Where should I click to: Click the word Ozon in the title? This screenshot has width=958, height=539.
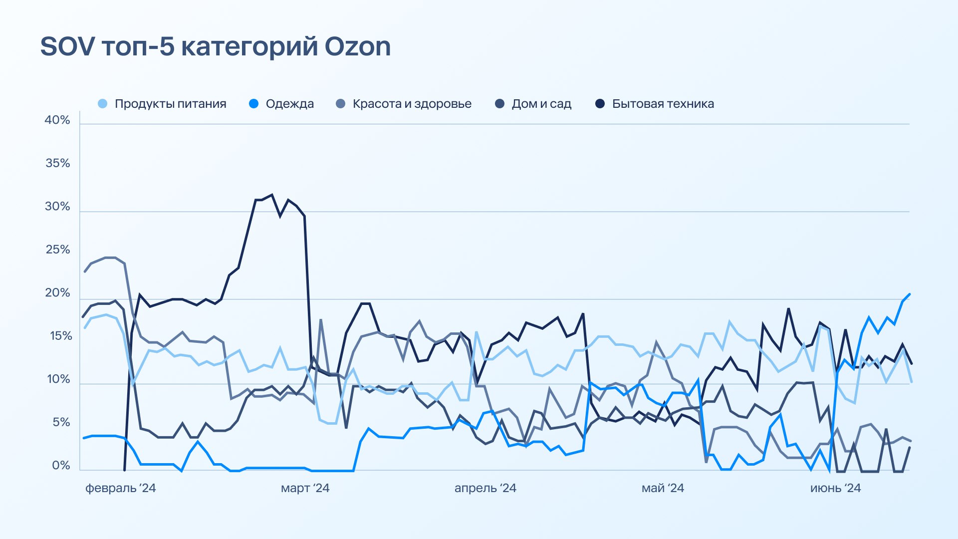(x=358, y=46)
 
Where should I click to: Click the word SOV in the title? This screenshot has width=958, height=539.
(x=67, y=46)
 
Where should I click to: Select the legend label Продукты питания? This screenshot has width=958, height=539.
(x=171, y=104)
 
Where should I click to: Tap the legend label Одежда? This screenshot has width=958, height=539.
(x=290, y=104)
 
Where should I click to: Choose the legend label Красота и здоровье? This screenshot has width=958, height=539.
(x=412, y=104)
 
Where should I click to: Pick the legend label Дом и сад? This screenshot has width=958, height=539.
(x=541, y=104)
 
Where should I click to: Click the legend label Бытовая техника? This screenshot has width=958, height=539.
(x=663, y=104)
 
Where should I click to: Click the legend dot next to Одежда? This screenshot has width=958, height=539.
(x=254, y=104)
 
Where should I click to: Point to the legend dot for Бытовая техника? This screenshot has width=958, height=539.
(x=600, y=104)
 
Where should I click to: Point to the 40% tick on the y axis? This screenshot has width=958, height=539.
(x=57, y=120)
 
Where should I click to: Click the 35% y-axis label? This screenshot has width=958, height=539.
(x=58, y=163)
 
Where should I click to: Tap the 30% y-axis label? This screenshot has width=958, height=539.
(x=57, y=207)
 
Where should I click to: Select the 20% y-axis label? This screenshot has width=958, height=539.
(x=57, y=293)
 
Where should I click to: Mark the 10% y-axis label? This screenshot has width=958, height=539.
(x=59, y=379)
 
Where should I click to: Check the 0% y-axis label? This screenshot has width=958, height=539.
(x=61, y=466)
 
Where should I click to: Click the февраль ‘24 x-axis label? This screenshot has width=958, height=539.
(x=121, y=488)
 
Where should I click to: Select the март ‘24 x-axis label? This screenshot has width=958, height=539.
(x=305, y=488)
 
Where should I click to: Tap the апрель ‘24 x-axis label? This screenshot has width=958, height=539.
(x=485, y=488)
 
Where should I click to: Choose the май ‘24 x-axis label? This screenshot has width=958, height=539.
(x=663, y=488)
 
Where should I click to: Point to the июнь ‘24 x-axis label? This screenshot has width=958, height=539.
(x=836, y=488)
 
